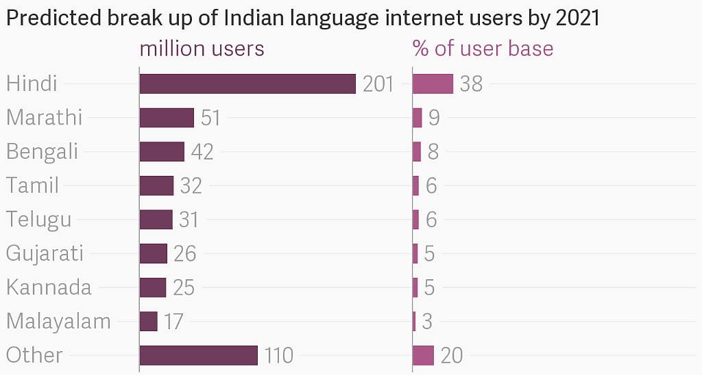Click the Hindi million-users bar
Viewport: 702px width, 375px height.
[247, 83]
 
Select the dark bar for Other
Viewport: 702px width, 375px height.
[199, 355]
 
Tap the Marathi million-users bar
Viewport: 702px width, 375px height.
[167, 118]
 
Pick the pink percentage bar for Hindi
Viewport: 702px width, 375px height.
[433, 83]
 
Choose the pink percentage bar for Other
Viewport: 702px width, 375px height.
[424, 355]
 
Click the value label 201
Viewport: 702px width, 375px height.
[378, 84]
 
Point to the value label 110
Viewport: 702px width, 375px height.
[278, 356]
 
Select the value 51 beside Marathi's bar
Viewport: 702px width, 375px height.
[210, 118]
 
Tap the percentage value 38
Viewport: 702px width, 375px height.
[472, 84]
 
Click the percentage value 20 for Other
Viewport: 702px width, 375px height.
[452, 356]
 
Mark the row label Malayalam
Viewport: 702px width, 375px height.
[58, 321]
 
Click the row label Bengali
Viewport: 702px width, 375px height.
[42, 151]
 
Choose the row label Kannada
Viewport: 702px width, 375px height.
[49, 287]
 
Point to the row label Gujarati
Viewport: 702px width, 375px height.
[45, 253]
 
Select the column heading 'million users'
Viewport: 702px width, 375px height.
[202, 49]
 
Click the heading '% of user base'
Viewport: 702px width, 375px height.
[483, 49]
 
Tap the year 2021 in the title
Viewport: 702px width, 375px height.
[578, 18]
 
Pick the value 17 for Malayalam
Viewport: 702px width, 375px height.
[173, 322]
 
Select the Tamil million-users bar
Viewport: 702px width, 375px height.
[156, 185]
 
